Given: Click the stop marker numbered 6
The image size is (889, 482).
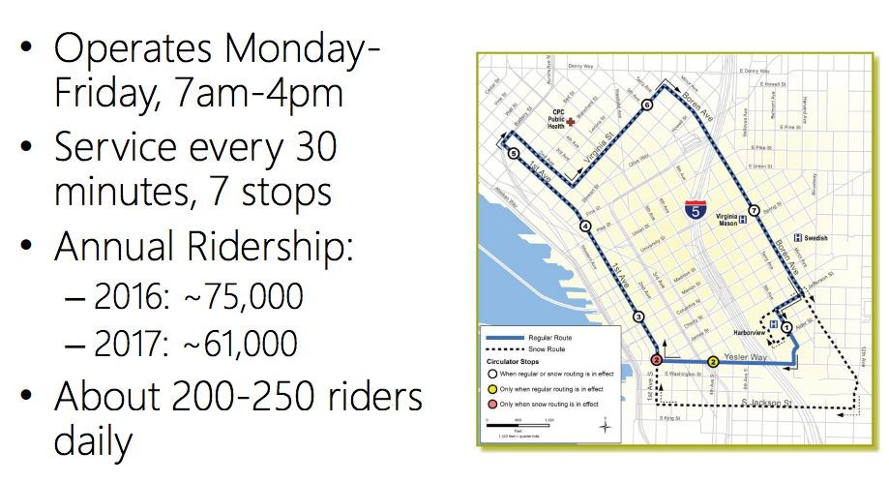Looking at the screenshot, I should (646, 105).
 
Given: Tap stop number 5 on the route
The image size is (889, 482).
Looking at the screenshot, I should (513, 154).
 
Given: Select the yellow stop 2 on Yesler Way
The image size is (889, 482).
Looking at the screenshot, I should (713, 361).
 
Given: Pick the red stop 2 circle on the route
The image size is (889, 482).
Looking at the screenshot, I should (657, 361).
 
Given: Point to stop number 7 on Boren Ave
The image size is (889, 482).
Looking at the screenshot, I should (751, 209).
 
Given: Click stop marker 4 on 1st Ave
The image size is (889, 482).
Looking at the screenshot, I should (585, 226).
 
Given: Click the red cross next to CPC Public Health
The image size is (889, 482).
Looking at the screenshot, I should (571, 123).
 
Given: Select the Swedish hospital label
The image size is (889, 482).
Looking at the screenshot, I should (815, 238).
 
